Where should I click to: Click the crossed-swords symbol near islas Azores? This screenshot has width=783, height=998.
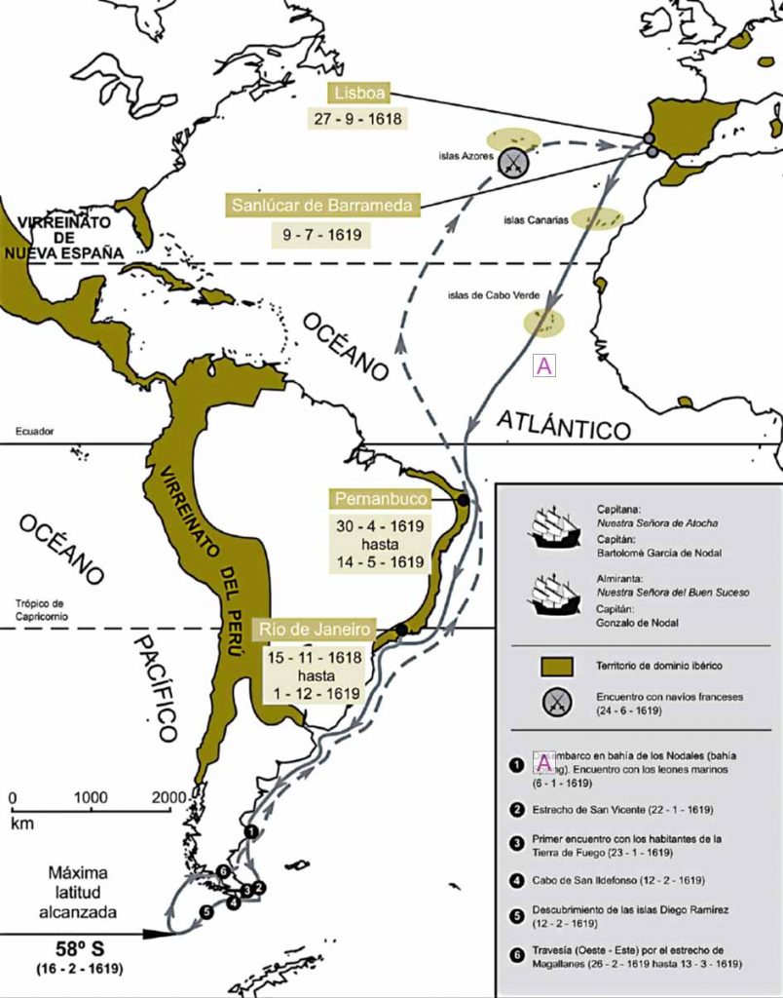point(513,163)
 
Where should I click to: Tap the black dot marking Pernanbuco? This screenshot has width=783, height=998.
point(464,500)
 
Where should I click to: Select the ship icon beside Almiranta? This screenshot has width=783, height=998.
point(554,595)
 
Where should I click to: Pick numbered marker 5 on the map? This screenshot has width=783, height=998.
point(206,911)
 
